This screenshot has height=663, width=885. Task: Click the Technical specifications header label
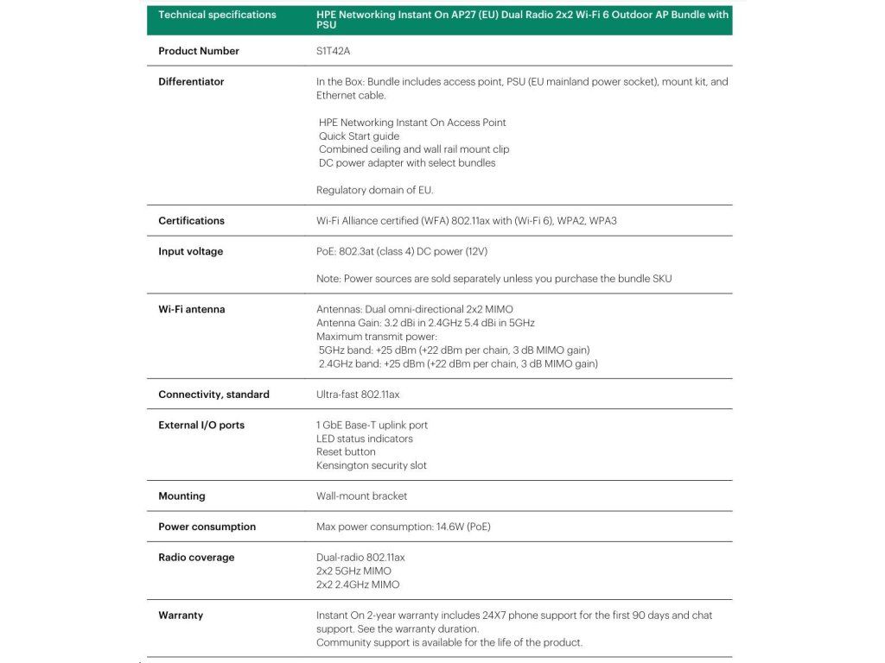pyautogui.click(x=217, y=15)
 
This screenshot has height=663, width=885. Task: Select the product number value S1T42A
pyautogui.click(x=333, y=51)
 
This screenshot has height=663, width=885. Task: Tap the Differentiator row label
pyautogui.click(x=191, y=82)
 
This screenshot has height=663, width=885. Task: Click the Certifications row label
pyautogui.click(x=191, y=221)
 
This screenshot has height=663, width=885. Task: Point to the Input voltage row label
pyautogui.click(x=190, y=252)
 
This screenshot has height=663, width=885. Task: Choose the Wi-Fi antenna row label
pyautogui.click(x=192, y=309)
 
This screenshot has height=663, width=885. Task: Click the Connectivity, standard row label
pyautogui.click(x=213, y=395)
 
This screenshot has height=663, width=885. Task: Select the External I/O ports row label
pyautogui.click(x=201, y=426)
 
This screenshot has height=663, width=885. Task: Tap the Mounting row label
pyautogui.click(x=181, y=496)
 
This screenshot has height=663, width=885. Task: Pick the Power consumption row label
pyautogui.click(x=207, y=527)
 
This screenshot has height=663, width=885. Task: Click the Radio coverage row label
pyautogui.click(x=196, y=558)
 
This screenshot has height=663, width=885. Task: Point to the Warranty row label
pyautogui.click(x=181, y=616)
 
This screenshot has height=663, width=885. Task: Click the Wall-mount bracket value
pyautogui.click(x=361, y=496)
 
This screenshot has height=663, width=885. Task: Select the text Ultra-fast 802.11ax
pyautogui.click(x=358, y=395)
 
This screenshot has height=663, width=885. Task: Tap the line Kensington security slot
pyautogui.click(x=372, y=465)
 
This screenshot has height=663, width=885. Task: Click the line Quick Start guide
pyautogui.click(x=359, y=136)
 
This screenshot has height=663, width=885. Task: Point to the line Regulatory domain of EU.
pyautogui.click(x=375, y=190)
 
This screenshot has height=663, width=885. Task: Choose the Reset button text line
pyautogui.click(x=346, y=451)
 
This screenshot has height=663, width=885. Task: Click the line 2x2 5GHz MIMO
pyautogui.click(x=353, y=571)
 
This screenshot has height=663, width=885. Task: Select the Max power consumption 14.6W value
pyautogui.click(x=404, y=527)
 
